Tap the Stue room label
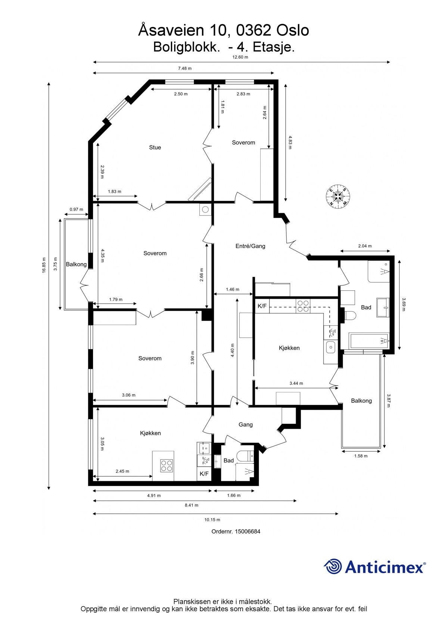point(155,148)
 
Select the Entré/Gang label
point(250,246)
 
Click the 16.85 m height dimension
point(44,265)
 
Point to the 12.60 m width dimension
point(240,57)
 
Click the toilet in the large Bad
point(350,316)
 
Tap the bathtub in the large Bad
point(369,341)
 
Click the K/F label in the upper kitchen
point(262,306)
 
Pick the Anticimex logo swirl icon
point(333,566)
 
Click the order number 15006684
point(247,531)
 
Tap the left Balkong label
point(76,265)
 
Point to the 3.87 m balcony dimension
point(389,400)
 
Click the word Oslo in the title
point(293,30)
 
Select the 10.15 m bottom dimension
point(212,520)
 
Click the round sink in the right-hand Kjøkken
point(330,347)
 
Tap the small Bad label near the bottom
point(228,461)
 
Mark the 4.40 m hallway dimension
point(233,350)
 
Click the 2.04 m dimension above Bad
point(365,246)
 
